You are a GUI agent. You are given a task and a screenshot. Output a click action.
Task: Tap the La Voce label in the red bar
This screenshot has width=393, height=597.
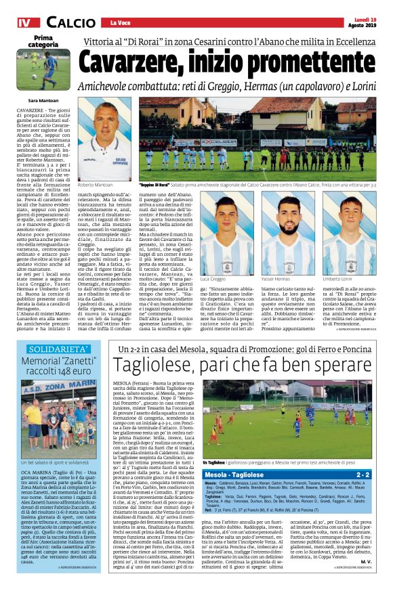point(120,24)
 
